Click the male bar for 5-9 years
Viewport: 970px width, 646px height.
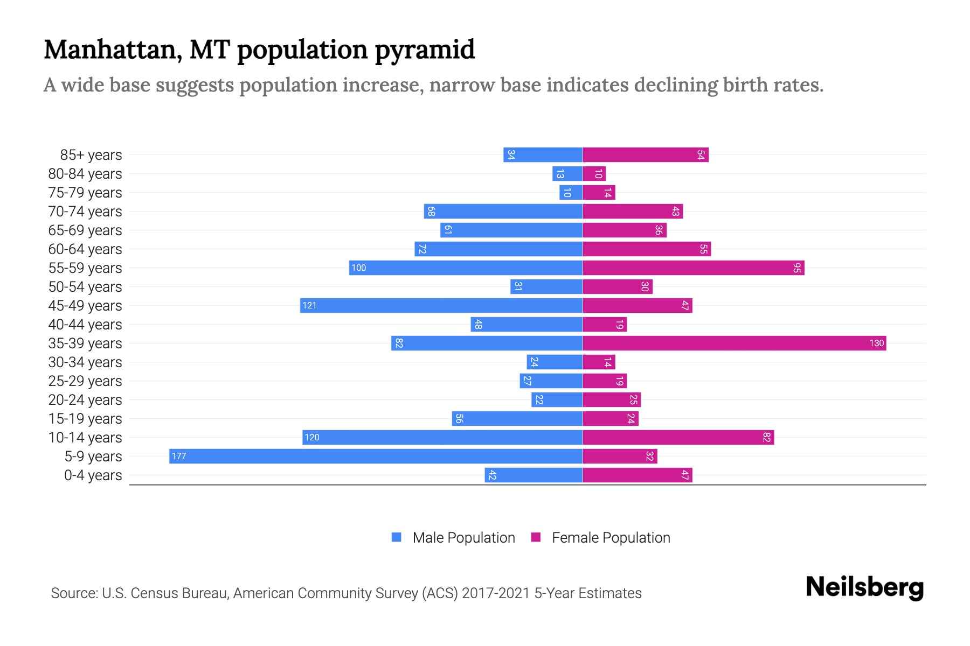click(376, 456)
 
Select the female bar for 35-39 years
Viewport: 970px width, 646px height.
click(734, 343)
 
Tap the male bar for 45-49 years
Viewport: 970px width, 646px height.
click(441, 305)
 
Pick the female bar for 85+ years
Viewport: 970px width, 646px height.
click(645, 155)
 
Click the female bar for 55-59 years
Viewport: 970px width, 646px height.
click(693, 268)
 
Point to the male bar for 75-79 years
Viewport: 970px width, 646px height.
click(571, 192)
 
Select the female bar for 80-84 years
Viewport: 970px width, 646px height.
click(594, 173)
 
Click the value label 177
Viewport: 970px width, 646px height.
click(178, 456)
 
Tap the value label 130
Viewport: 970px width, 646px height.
click(876, 343)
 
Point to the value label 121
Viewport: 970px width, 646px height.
click(309, 305)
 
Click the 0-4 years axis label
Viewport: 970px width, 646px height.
click(93, 475)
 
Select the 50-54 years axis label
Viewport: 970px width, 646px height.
click(85, 287)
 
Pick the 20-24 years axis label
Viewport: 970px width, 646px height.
click(85, 400)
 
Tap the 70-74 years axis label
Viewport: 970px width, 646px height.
click(85, 212)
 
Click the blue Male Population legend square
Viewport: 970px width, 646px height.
click(397, 537)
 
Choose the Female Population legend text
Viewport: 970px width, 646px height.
click(611, 538)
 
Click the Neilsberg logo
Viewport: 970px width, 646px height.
click(864, 587)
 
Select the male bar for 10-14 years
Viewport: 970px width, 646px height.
click(442, 437)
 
